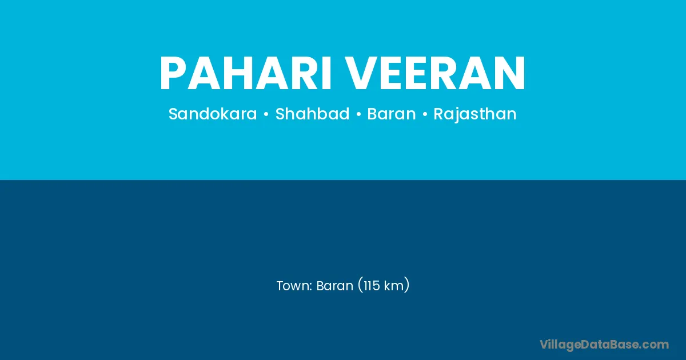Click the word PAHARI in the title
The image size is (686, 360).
(245, 73)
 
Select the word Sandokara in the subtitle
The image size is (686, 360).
(213, 114)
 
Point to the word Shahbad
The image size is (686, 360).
(312, 114)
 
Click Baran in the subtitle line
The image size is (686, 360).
(392, 114)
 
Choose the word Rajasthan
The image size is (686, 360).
(475, 114)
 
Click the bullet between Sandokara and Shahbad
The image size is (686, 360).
(266, 114)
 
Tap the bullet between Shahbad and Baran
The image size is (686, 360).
(358, 114)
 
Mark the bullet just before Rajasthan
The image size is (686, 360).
(425, 114)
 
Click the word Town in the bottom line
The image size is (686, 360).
(293, 286)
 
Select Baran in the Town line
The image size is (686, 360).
(335, 286)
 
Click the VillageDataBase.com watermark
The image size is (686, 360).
(604, 345)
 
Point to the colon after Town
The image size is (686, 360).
(310, 287)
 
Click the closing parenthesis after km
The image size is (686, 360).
(407, 285)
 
